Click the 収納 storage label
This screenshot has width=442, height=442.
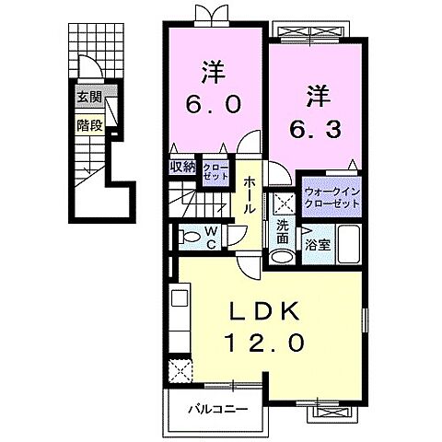point(181,167)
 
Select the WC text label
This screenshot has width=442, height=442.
point(211,237)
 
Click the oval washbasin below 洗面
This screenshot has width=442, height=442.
point(284,257)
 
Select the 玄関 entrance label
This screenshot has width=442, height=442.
point(88,97)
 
